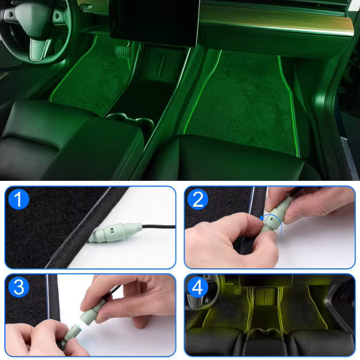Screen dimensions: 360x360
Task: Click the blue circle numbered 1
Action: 19,199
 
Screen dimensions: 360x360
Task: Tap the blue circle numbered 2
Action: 198,199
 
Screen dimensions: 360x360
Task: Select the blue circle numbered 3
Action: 19,287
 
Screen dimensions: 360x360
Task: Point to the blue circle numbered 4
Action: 198,287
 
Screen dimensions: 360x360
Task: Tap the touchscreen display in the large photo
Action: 154,22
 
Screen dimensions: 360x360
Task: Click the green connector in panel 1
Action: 116,232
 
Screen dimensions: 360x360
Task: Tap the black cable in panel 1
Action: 159,227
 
